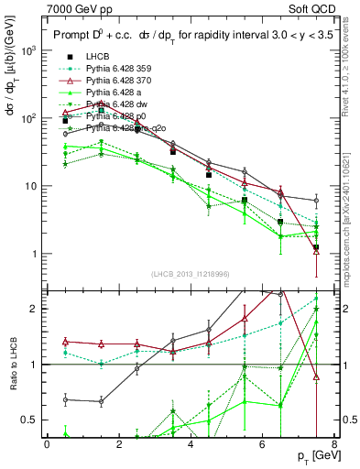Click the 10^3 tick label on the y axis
[x=30, y=50]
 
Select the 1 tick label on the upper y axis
[x=34, y=254]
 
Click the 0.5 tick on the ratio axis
[x=29, y=420]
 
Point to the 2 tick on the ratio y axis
[x=34, y=309]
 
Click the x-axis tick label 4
[x=191, y=444]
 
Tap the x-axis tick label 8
[x=334, y=444]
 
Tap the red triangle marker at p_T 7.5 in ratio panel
[x=316, y=377]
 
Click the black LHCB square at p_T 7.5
[x=316, y=247]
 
